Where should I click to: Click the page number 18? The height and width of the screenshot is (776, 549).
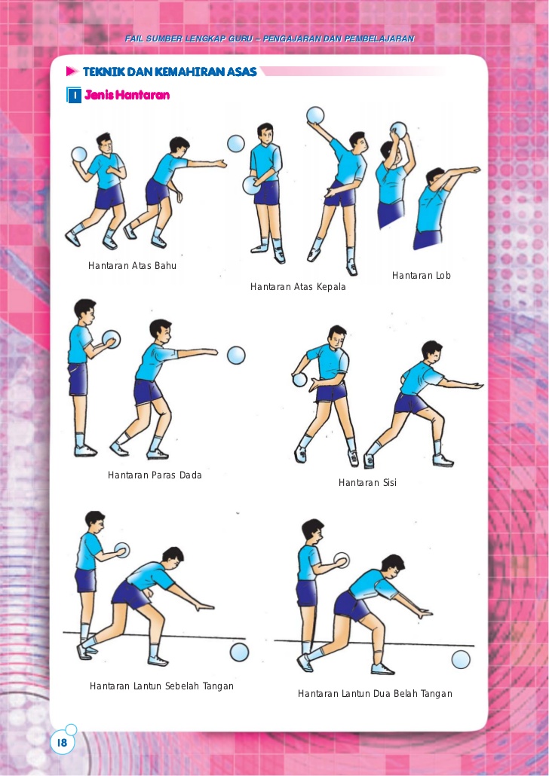(62, 742)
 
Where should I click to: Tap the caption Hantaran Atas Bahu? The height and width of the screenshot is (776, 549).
(132, 266)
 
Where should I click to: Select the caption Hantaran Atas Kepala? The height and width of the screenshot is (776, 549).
(298, 287)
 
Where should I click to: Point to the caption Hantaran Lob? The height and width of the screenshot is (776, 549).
(421, 276)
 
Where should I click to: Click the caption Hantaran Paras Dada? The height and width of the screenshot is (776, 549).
(155, 475)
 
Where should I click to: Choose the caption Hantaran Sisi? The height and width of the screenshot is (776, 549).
(367, 482)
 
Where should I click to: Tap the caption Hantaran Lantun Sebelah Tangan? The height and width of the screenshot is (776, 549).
(161, 686)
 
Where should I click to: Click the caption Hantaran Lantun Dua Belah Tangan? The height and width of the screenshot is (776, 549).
(375, 694)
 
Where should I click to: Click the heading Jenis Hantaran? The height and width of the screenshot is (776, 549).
(127, 94)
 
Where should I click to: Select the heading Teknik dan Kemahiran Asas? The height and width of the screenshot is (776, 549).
(170, 72)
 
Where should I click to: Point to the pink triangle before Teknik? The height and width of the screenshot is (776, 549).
(72, 72)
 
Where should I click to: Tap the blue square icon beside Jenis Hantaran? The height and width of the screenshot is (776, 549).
(73, 95)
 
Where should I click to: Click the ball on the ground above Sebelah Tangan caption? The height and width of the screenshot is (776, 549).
(239, 652)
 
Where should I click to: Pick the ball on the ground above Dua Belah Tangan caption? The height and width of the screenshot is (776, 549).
(460, 660)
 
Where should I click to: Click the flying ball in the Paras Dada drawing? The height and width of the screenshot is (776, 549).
(236, 356)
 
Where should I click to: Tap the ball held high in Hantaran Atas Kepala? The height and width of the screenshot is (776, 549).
(315, 115)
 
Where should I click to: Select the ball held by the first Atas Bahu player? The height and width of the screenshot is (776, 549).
(79, 154)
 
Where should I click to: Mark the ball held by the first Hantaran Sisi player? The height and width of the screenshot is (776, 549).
(300, 380)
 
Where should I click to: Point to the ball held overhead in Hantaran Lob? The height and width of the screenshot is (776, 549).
(398, 130)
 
